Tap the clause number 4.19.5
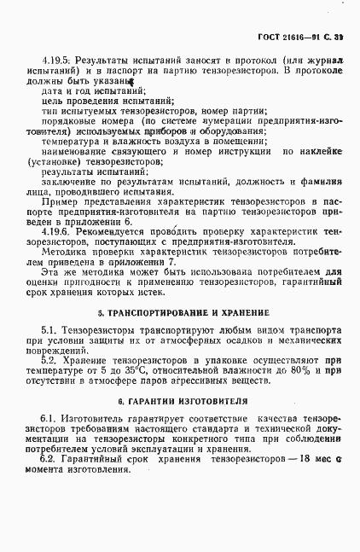point(55,62)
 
